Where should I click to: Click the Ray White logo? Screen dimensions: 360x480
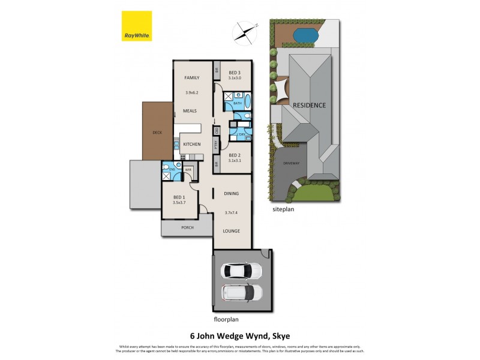point(136,26)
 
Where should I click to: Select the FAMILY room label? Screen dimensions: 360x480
point(191,77)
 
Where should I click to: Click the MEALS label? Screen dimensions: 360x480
point(191,111)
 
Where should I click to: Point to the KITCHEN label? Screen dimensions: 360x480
point(191,145)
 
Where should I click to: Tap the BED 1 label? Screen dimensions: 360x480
point(179,197)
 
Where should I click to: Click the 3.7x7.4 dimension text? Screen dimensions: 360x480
point(232,212)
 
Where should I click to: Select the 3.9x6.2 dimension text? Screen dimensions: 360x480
point(191,92)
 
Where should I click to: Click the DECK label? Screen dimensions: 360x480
point(157,133)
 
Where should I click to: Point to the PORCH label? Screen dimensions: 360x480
point(187,227)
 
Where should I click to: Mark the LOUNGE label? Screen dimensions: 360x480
point(232,230)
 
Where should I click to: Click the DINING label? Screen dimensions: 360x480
point(232,194)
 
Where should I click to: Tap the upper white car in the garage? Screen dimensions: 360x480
point(242,271)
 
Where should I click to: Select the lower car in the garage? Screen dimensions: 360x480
point(242,294)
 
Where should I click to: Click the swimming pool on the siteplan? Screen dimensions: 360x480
point(304,36)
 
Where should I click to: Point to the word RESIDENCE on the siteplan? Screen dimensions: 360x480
point(309,105)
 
